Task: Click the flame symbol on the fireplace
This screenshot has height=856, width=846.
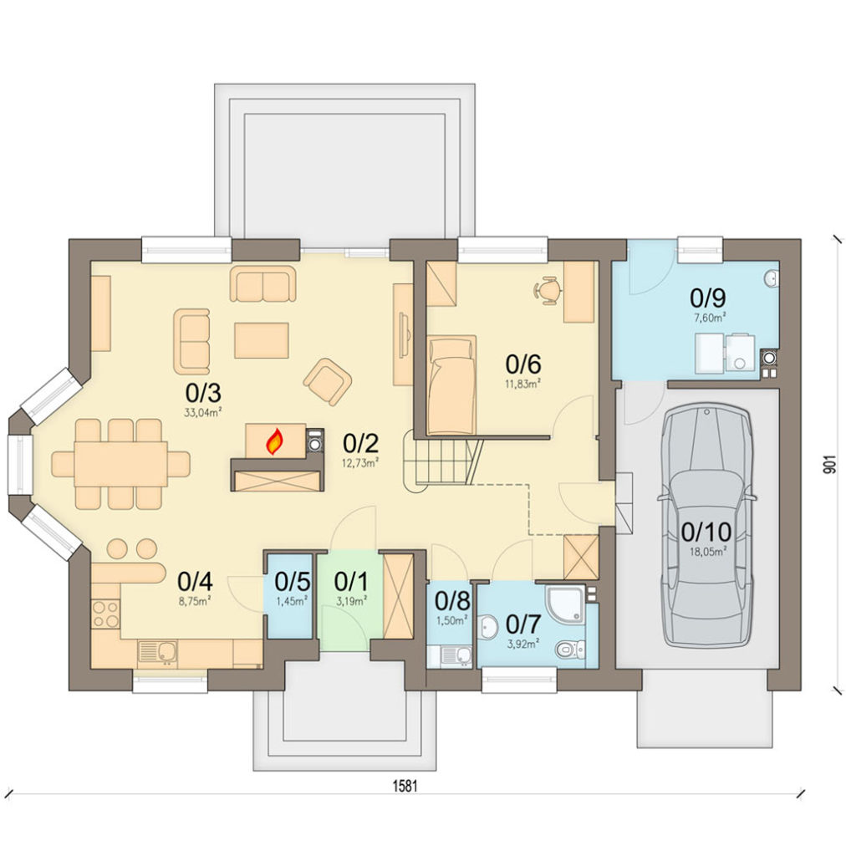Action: click(274, 441)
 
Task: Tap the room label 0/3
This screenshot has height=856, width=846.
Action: click(202, 393)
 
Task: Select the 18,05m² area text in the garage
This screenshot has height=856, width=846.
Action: click(707, 552)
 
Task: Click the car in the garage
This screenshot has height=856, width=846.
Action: click(707, 525)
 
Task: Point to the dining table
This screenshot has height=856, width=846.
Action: click(120, 464)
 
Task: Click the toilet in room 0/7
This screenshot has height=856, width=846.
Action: click(568, 650)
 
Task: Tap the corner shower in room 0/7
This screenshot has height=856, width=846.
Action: click(564, 605)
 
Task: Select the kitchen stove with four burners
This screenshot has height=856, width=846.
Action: click(105, 614)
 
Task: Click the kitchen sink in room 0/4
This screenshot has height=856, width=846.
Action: click(158, 651)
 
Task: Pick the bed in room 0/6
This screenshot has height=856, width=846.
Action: click(451, 385)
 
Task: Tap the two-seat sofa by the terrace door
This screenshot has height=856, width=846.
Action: click(263, 284)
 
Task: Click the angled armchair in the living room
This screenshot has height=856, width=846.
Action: click(328, 381)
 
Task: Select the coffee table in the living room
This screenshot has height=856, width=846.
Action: click(262, 340)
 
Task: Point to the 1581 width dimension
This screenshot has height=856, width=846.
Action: click(405, 786)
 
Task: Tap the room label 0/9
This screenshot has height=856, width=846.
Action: click(707, 298)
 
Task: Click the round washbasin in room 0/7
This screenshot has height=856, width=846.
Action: click(489, 626)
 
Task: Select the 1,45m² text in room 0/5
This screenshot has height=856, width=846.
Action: click(292, 601)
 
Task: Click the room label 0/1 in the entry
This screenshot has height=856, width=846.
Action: click(351, 583)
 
